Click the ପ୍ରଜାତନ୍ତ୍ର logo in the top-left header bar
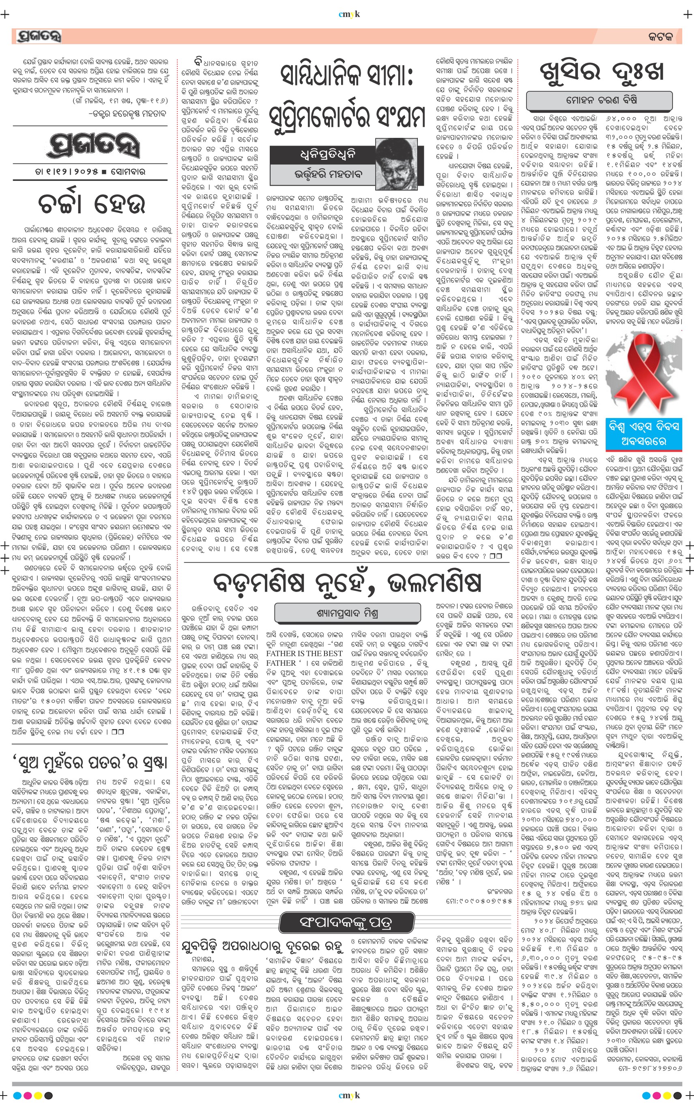[x=39, y=36]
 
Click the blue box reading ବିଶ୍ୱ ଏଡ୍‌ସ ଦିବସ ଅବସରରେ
[x=643, y=433]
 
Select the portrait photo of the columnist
[x=397, y=164]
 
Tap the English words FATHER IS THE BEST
[x=304, y=653]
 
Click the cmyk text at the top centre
[x=349, y=14]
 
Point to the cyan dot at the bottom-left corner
[x=17, y=1096]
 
